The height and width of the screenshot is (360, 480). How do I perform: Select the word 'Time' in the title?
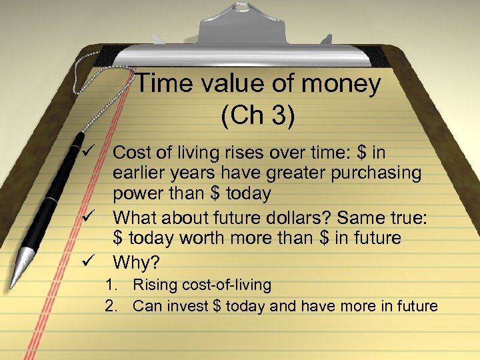point(163,84)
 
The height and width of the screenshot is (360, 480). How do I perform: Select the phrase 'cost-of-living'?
point(223,285)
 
